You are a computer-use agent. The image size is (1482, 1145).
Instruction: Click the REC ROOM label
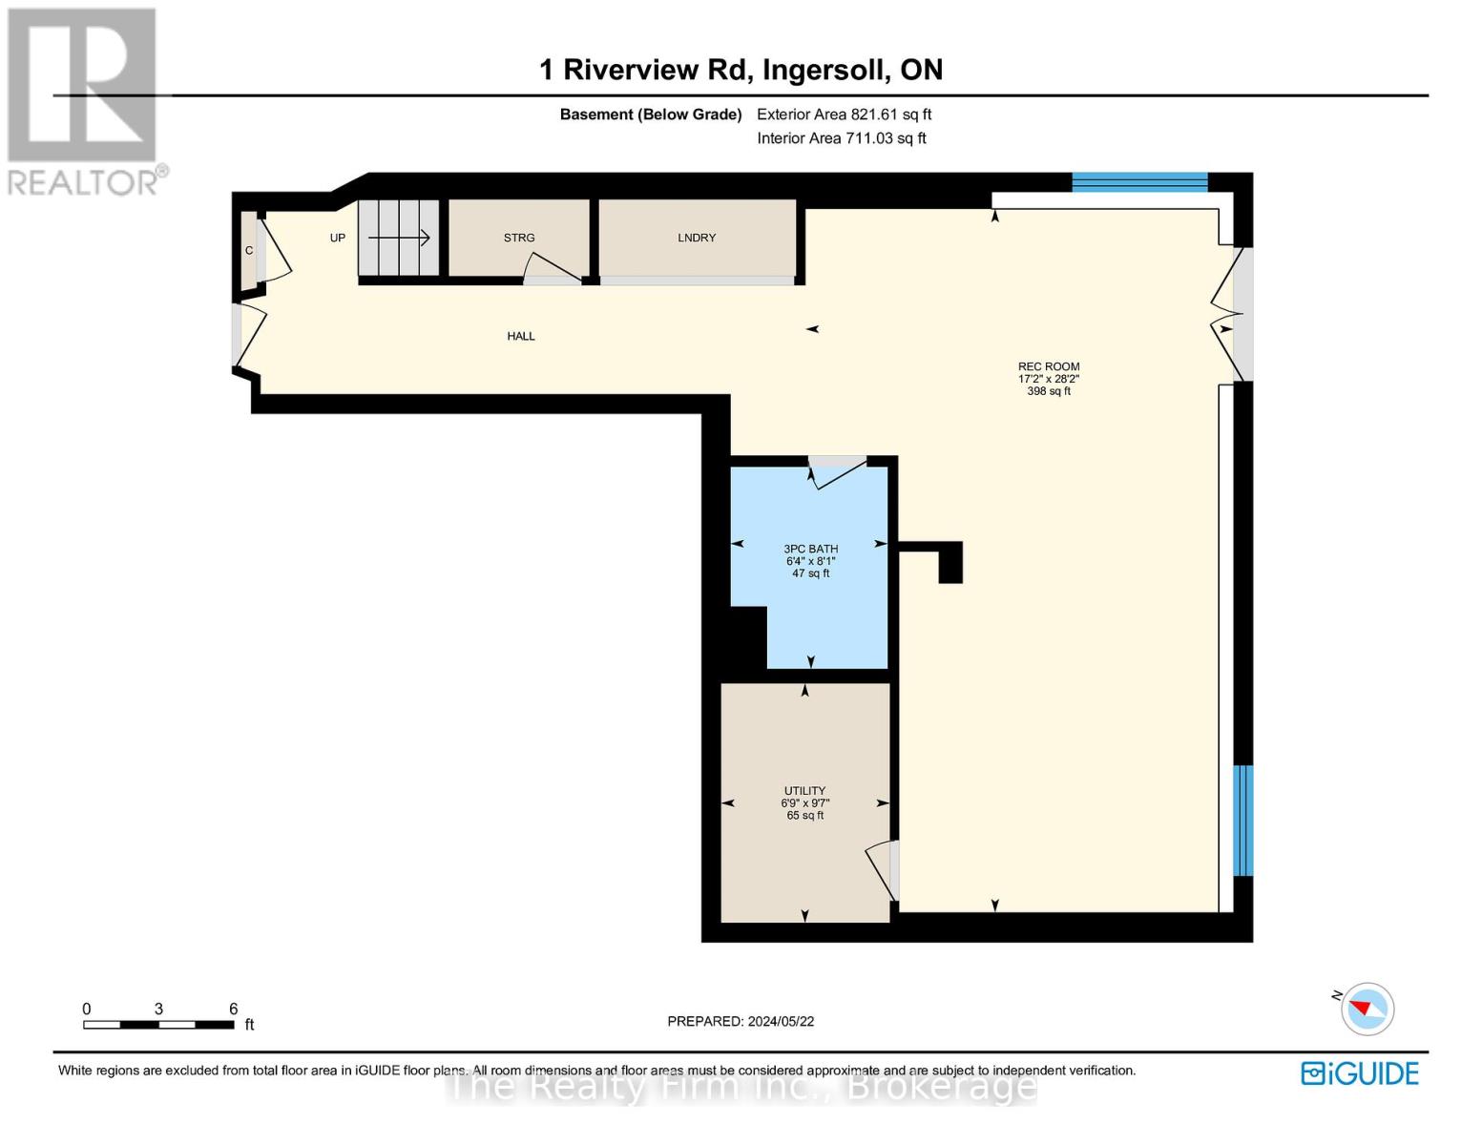(1048, 367)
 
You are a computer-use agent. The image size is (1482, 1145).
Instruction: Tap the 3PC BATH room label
(810, 550)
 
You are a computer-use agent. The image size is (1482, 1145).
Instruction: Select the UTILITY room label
(804, 791)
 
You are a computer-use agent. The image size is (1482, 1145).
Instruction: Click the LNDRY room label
(697, 238)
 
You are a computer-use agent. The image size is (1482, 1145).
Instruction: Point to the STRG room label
(519, 238)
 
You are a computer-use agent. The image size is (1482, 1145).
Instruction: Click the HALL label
(521, 336)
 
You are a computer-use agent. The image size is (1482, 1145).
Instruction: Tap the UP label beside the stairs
(338, 238)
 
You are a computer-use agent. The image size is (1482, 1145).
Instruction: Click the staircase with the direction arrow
(398, 238)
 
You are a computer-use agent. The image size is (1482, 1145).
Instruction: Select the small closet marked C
(248, 250)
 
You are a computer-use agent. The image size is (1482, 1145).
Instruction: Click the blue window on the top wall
(1139, 182)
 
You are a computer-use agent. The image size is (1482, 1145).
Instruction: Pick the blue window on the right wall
(1242, 821)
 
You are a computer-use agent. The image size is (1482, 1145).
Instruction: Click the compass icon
(1367, 1009)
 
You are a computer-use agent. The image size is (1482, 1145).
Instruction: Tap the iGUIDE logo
(1360, 1073)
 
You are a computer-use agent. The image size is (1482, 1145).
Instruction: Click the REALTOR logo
(85, 100)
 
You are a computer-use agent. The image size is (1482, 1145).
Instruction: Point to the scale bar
(158, 1025)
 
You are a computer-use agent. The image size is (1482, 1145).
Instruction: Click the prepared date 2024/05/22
(741, 1021)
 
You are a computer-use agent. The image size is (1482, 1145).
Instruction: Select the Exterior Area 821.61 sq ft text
(844, 114)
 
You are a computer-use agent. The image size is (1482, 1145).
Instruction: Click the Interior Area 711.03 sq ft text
(841, 138)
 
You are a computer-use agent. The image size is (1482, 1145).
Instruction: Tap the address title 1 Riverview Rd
(741, 70)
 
